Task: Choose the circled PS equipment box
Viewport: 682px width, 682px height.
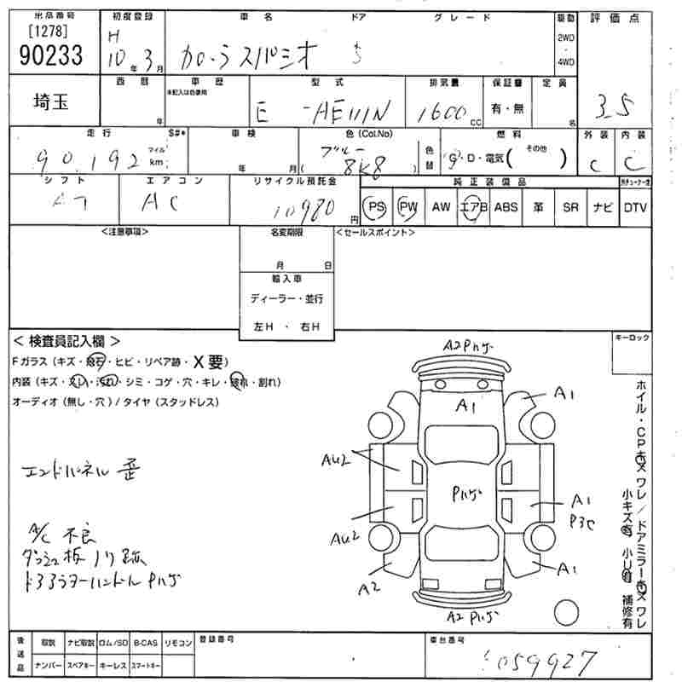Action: (x=375, y=207)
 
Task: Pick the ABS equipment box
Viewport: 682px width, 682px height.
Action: (x=505, y=207)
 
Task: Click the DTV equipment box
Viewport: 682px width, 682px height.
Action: (x=634, y=207)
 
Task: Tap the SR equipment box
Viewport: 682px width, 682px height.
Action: (x=569, y=207)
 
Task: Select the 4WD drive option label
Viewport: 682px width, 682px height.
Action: (x=565, y=61)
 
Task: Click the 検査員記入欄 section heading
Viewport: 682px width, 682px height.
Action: (x=65, y=340)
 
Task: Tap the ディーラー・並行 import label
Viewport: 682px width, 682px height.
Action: (x=286, y=299)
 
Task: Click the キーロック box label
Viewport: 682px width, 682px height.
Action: (x=632, y=338)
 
